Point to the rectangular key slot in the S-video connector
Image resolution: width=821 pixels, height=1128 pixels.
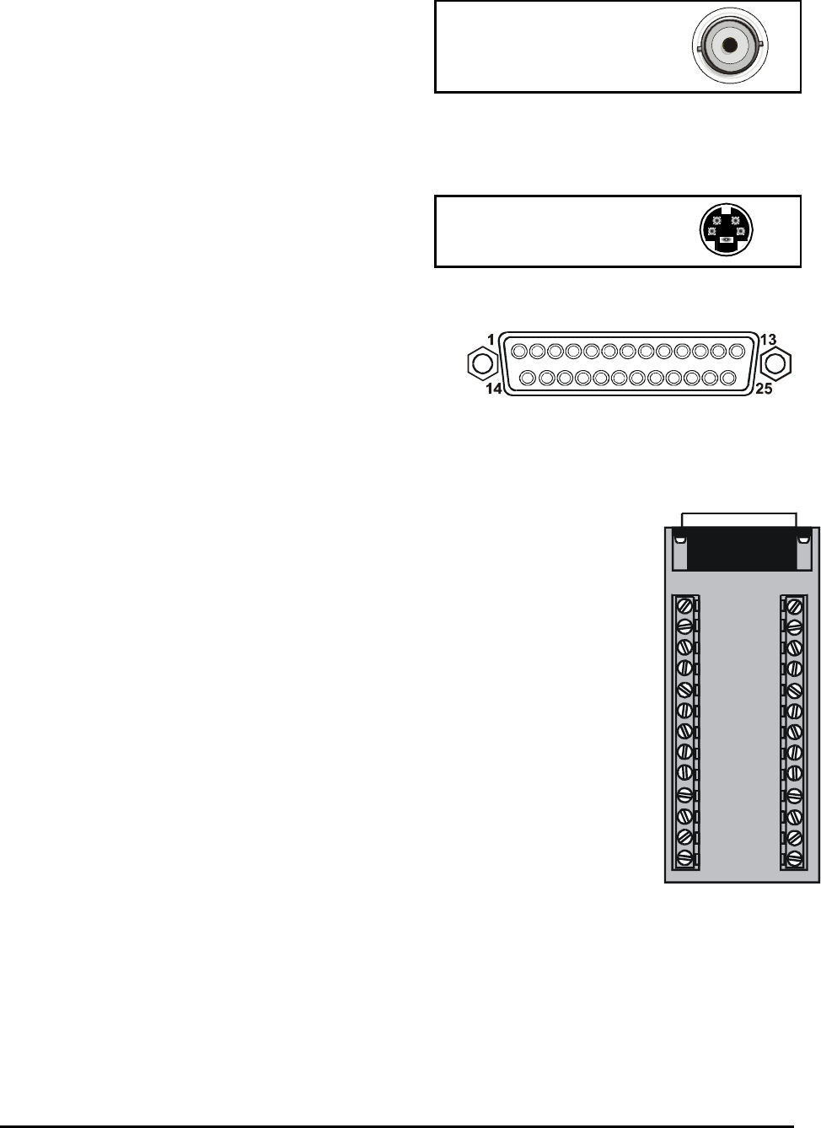tap(727, 249)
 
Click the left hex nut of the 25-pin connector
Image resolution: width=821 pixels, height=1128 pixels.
tap(481, 363)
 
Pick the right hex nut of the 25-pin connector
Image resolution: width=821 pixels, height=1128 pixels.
tap(775, 363)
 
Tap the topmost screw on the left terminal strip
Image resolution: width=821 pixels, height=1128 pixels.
tap(684, 605)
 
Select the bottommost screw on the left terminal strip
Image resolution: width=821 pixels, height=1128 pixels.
tap(684, 858)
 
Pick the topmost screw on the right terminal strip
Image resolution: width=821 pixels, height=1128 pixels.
tap(793, 605)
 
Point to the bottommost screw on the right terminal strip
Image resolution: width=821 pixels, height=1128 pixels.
tap(793, 858)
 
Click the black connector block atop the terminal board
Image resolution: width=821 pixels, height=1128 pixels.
tap(742, 548)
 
